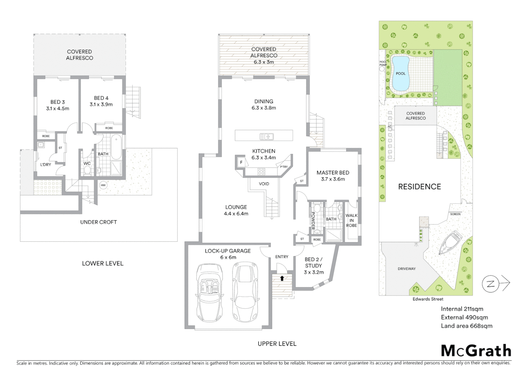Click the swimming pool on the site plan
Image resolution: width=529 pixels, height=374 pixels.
coord(400,73)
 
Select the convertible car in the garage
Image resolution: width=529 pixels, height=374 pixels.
coord(209,293)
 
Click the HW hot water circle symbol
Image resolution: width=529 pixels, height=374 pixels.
coord(103,185)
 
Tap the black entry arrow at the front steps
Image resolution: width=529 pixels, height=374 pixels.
coord(282,278)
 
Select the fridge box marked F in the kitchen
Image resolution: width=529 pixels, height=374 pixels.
coord(241,162)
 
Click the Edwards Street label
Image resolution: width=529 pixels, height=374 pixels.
coord(428,299)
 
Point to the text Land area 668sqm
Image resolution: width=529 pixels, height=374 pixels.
coord(466,326)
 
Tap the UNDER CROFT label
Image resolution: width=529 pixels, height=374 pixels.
coord(98,222)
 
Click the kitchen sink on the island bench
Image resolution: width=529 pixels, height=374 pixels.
coord(267,136)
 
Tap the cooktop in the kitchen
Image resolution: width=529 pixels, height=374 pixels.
coord(261,171)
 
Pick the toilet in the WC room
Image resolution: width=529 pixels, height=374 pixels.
coord(87,170)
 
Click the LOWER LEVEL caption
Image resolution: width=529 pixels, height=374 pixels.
coord(102,263)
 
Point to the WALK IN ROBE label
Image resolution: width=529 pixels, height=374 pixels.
coord(351,220)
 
